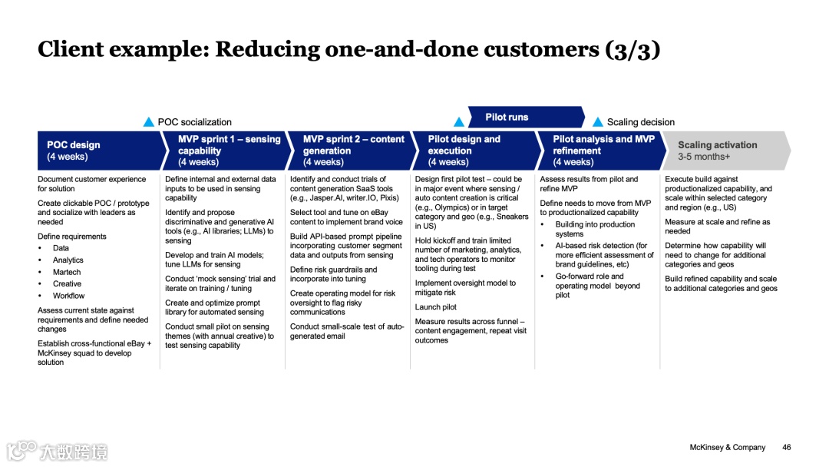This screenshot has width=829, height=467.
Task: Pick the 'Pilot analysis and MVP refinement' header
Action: [x=603, y=151]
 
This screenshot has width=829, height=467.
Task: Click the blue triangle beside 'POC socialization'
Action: [x=149, y=122]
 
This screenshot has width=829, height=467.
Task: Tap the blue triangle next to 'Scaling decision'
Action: [x=598, y=122]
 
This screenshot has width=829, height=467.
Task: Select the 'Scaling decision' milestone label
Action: [x=641, y=122]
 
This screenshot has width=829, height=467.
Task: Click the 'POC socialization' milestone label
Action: [x=194, y=122]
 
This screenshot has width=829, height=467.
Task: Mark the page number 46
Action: [x=786, y=448]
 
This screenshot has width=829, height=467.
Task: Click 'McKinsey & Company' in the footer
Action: [x=728, y=448]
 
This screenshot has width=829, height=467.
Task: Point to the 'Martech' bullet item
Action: [x=68, y=272]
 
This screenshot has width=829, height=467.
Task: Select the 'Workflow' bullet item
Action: [x=69, y=296]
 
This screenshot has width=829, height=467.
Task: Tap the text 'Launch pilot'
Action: [x=436, y=307]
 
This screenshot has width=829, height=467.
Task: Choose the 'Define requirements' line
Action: [x=72, y=237]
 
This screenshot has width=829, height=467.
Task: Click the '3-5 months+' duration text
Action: [x=704, y=157]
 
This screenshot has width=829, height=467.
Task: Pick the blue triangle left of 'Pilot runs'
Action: [x=459, y=122]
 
